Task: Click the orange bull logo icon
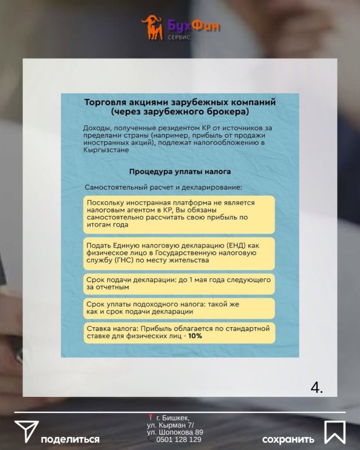pos(152,27)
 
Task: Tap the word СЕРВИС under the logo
pos(179,37)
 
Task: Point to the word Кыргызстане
pos(106,150)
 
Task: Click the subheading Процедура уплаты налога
pos(180,172)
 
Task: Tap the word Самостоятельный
pos(116,187)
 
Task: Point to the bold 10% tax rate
pos(195,336)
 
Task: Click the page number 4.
pos(317,388)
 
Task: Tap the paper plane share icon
pos(26,431)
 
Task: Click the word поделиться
pos(70,439)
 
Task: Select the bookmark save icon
pos(335,432)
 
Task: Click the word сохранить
pos(288,439)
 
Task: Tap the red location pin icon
pos(150,417)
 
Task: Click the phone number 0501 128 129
pos(178,439)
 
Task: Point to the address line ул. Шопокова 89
pos(175,432)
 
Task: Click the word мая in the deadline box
pos(201,280)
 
